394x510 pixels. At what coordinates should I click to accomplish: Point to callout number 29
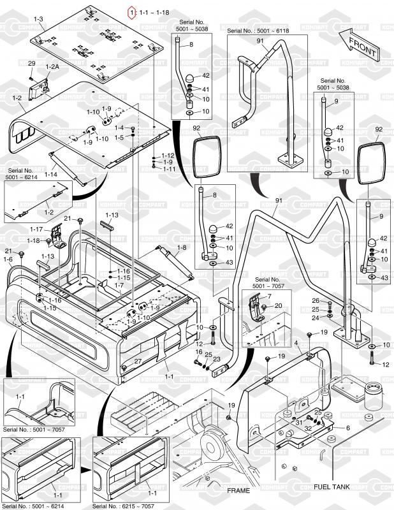pos(31,63)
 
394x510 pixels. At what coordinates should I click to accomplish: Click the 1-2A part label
pos(52,67)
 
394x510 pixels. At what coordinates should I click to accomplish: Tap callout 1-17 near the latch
pos(36,229)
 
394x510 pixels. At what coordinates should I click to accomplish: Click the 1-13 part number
pos(112,215)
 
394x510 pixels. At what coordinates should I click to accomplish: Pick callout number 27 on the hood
pos(137,361)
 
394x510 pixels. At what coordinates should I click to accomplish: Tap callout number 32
pos(307,429)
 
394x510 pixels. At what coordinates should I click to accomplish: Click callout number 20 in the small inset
pos(278,306)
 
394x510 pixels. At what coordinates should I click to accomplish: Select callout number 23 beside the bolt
pos(217,359)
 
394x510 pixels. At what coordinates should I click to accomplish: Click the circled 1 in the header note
pos(132,11)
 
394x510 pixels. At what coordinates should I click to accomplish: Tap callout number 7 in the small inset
pos(268,296)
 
